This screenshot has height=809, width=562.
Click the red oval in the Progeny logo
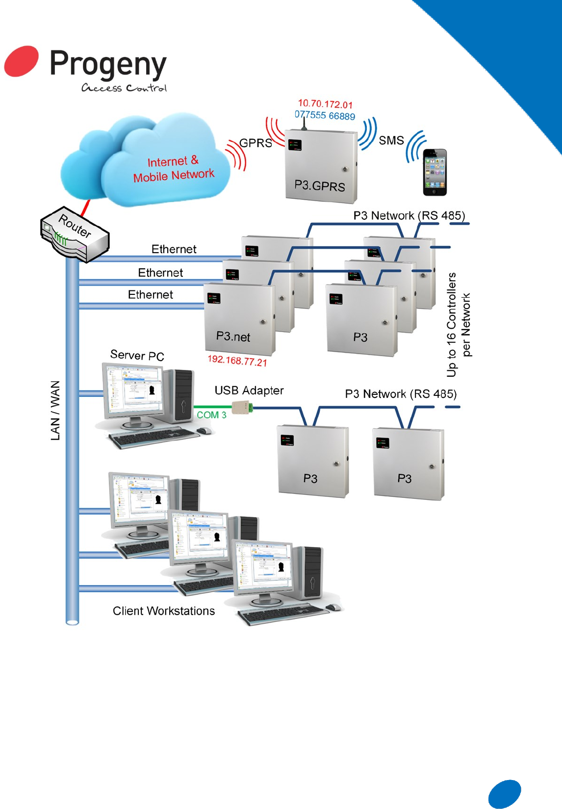click(x=22, y=61)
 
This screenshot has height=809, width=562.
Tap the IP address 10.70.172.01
click(x=325, y=104)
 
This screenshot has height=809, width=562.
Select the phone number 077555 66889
click(x=325, y=116)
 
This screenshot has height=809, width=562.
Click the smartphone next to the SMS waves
click(x=435, y=173)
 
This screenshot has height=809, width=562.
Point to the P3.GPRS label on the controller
click(x=319, y=185)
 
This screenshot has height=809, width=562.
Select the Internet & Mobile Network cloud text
click(x=174, y=169)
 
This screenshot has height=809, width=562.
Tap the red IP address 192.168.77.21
click(x=237, y=361)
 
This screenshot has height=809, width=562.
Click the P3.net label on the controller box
click(x=233, y=337)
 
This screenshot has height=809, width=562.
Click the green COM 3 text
click(x=211, y=415)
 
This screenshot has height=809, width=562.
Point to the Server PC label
click(x=137, y=355)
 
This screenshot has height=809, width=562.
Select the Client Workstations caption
click(x=164, y=611)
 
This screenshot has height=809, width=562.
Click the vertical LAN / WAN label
click(x=55, y=410)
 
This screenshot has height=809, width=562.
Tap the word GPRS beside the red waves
click(x=255, y=143)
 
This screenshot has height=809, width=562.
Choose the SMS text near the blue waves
click(x=391, y=141)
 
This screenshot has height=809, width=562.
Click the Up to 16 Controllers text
click(x=452, y=325)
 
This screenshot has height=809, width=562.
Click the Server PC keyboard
click(x=152, y=437)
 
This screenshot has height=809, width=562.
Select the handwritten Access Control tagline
click(x=124, y=88)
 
